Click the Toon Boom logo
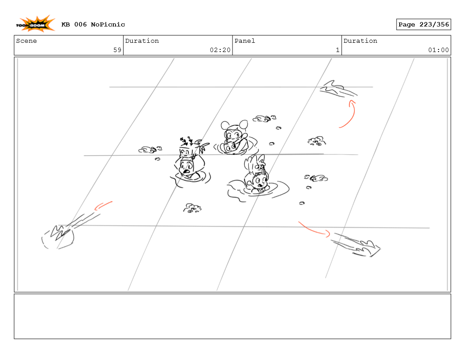pos(35,24)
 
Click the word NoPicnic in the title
pos(108,25)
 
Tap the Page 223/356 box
pos(424,25)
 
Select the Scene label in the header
pos(26,41)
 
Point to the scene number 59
pos(117,50)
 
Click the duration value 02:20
pos(220,50)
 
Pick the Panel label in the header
pos(245,41)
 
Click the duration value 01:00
pos(439,50)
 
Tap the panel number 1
pos(337,50)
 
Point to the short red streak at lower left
pos(103,205)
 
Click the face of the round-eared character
pos(233,135)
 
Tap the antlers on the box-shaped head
pos(187,141)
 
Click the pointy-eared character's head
pos(255,165)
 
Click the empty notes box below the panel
pos(232,316)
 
